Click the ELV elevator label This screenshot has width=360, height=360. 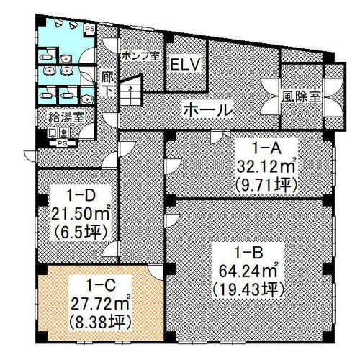[184, 66]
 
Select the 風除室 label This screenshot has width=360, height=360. [302, 94]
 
